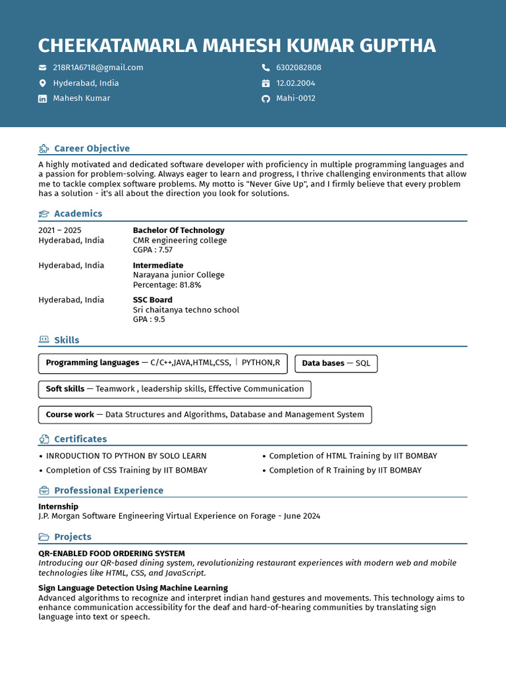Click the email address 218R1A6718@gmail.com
coord(98,68)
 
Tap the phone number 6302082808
coord(298,68)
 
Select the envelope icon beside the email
coord(43,68)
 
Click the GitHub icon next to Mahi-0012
coord(266,99)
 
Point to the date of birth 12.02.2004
coord(295,84)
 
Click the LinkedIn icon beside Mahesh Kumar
coord(43,99)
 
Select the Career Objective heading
coord(92,149)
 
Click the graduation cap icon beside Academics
coord(44,214)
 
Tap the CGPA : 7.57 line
coord(153,250)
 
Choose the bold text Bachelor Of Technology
coord(179,230)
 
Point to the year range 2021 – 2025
coord(60,230)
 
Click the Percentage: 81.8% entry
coord(167,285)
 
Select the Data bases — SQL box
coord(336,363)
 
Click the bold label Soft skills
coord(65,389)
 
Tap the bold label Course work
coord(70,415)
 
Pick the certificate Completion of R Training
coord(345,471)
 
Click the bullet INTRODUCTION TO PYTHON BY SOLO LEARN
coord(126,456)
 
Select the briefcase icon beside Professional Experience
coord(44,491)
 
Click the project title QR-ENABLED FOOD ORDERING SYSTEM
coord(111,554)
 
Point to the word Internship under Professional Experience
coord(58,507)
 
